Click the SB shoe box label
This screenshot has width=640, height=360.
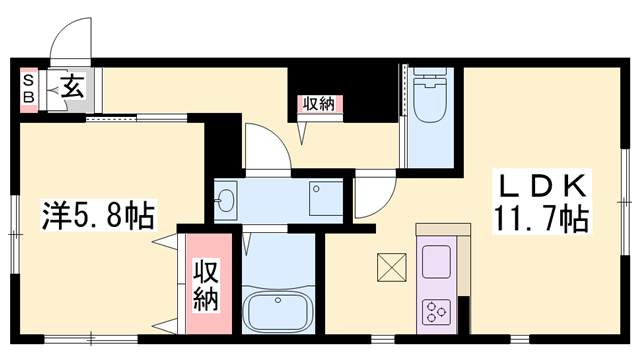pyautogui.click(x=28, y=87)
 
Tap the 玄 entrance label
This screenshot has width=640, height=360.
pyautogui.click(x=72, y=87)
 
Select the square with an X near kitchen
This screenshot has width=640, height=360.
pyautogui.click(x=389, y=267)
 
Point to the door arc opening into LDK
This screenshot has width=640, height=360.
pyautogui.click(x=367, y=195)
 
